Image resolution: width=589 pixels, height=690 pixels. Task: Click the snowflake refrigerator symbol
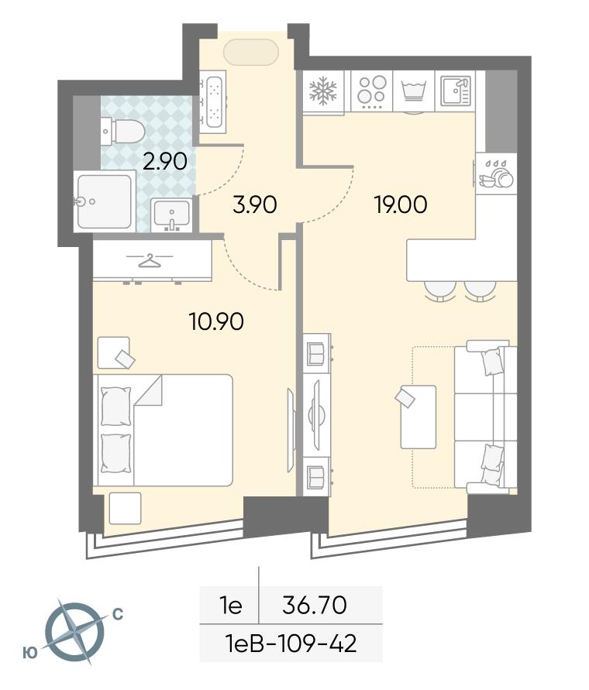323,91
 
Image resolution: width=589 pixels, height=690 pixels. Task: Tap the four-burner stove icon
371,91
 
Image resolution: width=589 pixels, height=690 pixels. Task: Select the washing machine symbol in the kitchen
414,91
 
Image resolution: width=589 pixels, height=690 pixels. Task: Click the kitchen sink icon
456,90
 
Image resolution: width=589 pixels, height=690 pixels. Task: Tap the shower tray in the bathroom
105,201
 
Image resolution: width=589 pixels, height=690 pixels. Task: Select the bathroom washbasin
171,215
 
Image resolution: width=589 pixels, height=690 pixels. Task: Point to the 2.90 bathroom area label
165,162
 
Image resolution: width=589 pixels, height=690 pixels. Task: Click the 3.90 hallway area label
255,204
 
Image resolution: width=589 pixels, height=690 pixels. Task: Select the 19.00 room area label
401,204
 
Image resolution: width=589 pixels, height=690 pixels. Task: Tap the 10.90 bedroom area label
216,321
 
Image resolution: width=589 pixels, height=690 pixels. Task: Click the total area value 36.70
315,605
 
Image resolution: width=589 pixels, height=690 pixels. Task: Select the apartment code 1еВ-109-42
291,644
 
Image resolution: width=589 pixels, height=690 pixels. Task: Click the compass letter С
118,614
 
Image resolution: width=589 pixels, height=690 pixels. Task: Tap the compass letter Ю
29,654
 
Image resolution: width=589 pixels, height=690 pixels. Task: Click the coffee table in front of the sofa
418,417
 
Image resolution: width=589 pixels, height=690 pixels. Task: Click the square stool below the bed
125,508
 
